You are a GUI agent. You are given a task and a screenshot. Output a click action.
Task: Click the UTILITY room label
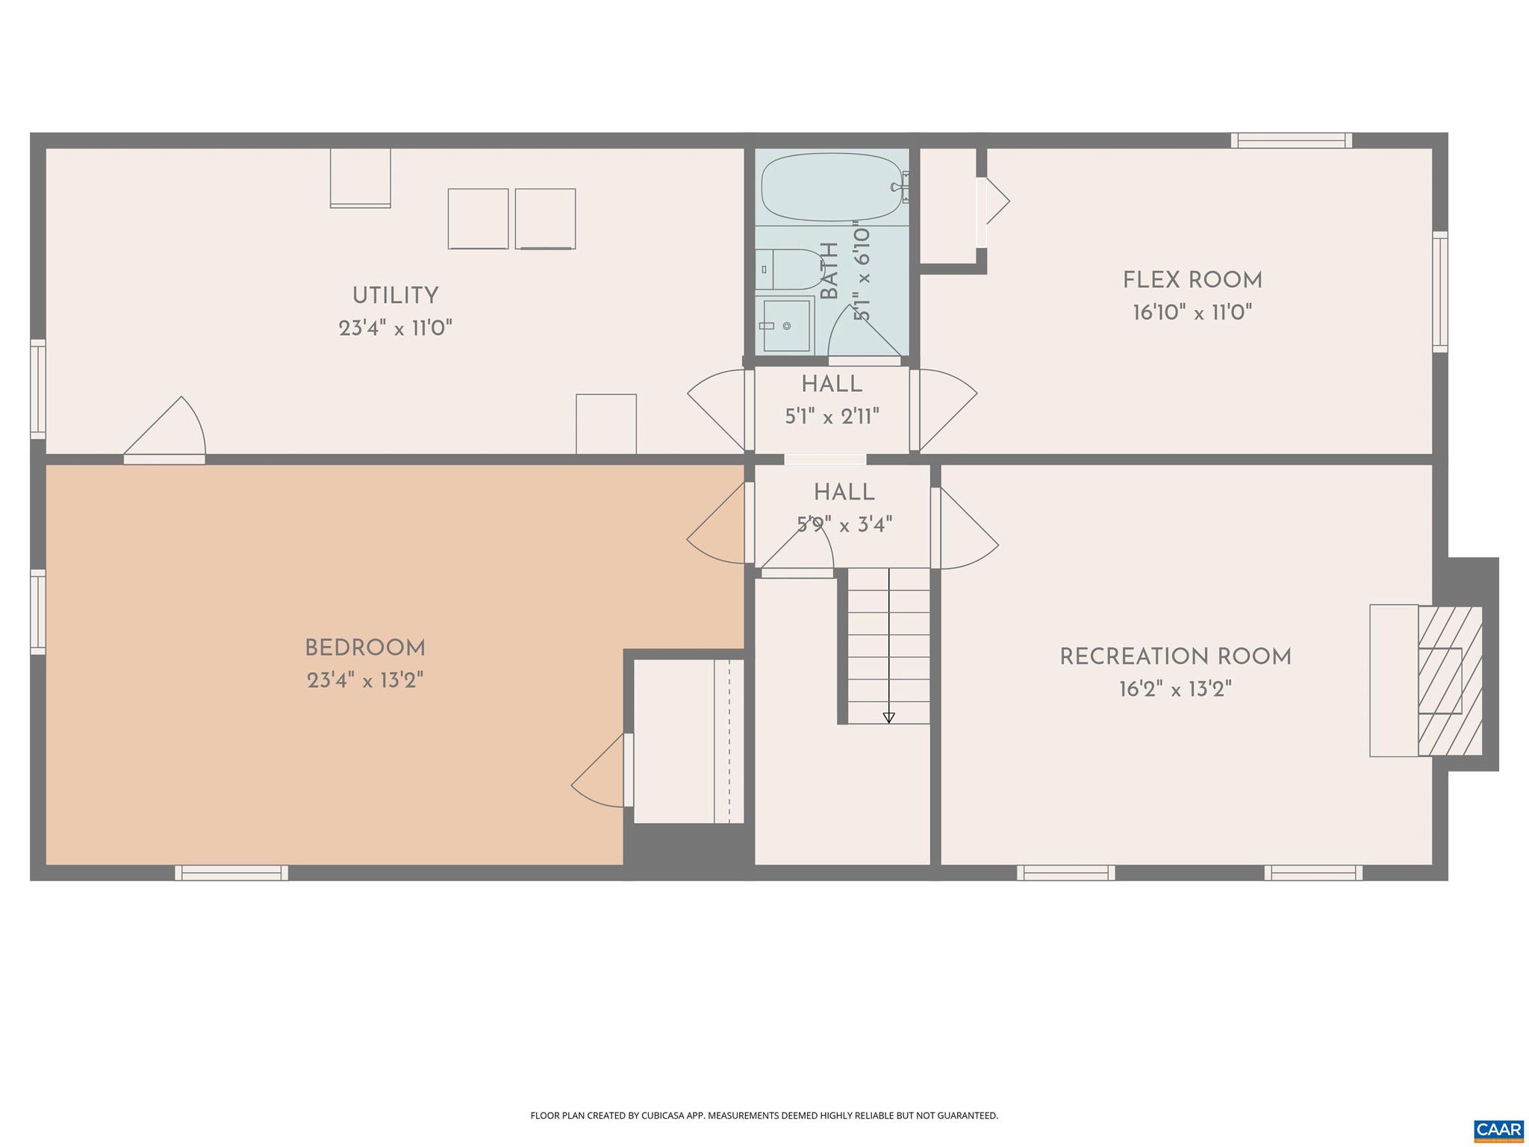click(x=395, y=296)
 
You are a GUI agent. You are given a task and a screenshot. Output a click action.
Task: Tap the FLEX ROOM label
click(x=1192, y=281)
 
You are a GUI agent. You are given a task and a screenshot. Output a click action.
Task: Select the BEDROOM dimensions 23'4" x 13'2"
click(x=365, y=681)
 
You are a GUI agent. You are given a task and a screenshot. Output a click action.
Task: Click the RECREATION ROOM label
click(x=1175, y=657)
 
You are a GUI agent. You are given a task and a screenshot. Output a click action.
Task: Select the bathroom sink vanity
click(x=783, y=325)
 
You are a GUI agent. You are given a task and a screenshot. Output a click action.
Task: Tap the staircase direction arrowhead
click(x=888, y=718)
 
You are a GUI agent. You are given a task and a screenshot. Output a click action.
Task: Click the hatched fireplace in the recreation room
click(x=1450, y=680)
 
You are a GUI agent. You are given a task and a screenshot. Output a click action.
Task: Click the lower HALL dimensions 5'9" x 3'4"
click(x=844, y=525)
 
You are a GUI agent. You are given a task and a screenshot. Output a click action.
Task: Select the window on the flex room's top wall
click(x=1291, y=140)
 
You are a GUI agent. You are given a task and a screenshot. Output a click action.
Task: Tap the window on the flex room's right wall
click(x=1439, y=292)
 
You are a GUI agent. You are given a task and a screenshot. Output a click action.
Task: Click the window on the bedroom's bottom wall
click(x=231, y=873)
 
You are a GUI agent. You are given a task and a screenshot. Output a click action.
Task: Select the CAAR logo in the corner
click(x=1498, y=1130)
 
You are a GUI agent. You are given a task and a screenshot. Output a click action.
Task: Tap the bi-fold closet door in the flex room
click(x=994, y=201)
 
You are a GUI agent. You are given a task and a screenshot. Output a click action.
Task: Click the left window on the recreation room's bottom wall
click(x=1065, y=873)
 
